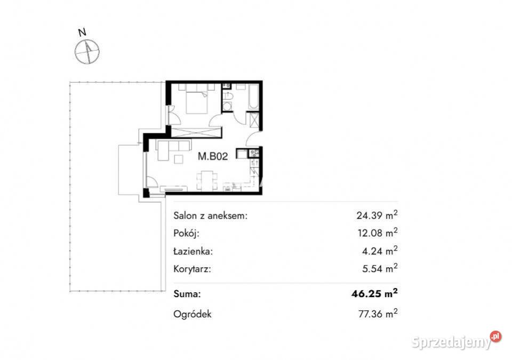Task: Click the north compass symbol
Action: click(87, 52)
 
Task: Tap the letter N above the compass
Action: click(82, 33)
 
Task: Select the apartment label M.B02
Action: click(213, 156)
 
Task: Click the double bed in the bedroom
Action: click(197, 102)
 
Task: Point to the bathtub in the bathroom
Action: click(253, 97)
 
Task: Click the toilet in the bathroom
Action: click(227, 95)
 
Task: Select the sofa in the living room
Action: click(173, 146)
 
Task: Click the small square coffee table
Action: click(179, 159)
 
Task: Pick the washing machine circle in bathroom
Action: click(227, 107)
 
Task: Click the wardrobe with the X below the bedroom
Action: click(196, 133)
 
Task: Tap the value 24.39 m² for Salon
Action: click(377, 215)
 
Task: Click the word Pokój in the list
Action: click(186, 233)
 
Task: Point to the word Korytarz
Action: click(193, 269)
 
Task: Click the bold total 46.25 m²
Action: click(374, 293)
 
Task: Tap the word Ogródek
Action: click(193, 314)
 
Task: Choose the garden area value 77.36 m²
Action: click(378, 313)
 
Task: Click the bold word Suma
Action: click(187, 294)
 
